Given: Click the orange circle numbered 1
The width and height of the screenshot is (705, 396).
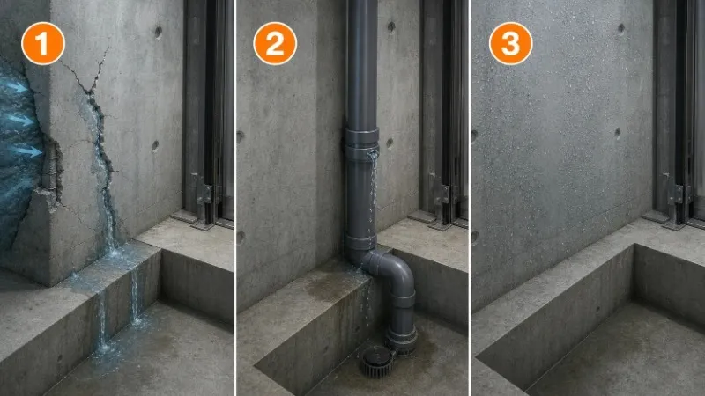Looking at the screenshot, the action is [x=43, y=43].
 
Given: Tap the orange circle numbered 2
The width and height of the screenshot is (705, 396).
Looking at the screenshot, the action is [x=275, y=43].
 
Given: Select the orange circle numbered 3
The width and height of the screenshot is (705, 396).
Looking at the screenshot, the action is [x=511, y=43].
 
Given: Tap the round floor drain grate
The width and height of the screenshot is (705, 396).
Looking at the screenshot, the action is [x=378, y=361].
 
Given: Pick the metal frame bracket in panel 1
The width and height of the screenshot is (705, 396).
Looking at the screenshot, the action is [x=204, y=192].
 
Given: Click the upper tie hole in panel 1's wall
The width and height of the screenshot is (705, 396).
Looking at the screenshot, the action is [x=159, y=32].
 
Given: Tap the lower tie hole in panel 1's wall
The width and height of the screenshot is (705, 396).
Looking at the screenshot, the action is [x=155, y=146].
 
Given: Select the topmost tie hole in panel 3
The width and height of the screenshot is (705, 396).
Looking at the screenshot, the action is [x=621, y=29].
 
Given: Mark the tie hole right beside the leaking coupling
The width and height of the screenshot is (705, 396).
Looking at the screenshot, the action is [x=390, y=143].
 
